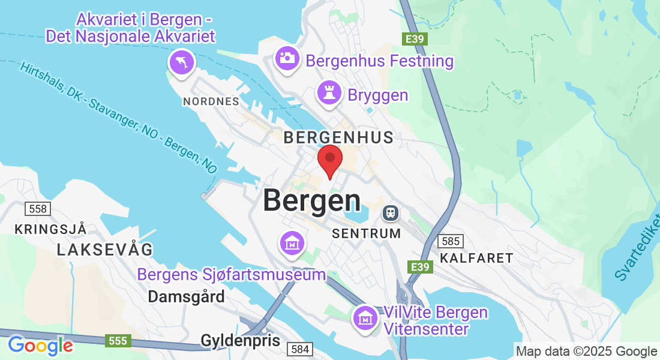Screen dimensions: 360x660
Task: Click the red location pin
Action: [x=329, y=159]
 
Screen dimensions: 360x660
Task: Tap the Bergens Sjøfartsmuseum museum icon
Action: [x=292, y=243]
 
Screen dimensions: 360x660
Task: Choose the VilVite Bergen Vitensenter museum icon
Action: [x=365, y=317]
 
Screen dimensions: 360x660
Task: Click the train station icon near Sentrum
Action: [x=391, y=212]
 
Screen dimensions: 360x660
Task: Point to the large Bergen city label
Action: [x=312, y=200]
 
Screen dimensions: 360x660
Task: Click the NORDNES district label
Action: [x=211, y=101]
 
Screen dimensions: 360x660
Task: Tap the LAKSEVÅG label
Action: [x=105, y=250]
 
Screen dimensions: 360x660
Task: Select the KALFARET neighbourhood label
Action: [x=476, y=258]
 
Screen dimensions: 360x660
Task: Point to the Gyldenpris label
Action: [x=240, y=341]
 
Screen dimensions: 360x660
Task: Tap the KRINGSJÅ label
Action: [x=51, y=229]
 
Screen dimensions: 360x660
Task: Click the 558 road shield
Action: [x=37, y=209]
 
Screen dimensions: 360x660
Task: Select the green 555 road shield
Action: [x=118, y=341]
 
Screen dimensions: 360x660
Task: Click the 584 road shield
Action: [x=299, y=349]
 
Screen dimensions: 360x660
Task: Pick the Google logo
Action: [x=40, y=346]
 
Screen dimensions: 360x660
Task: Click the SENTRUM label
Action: [x=366, y=233]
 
